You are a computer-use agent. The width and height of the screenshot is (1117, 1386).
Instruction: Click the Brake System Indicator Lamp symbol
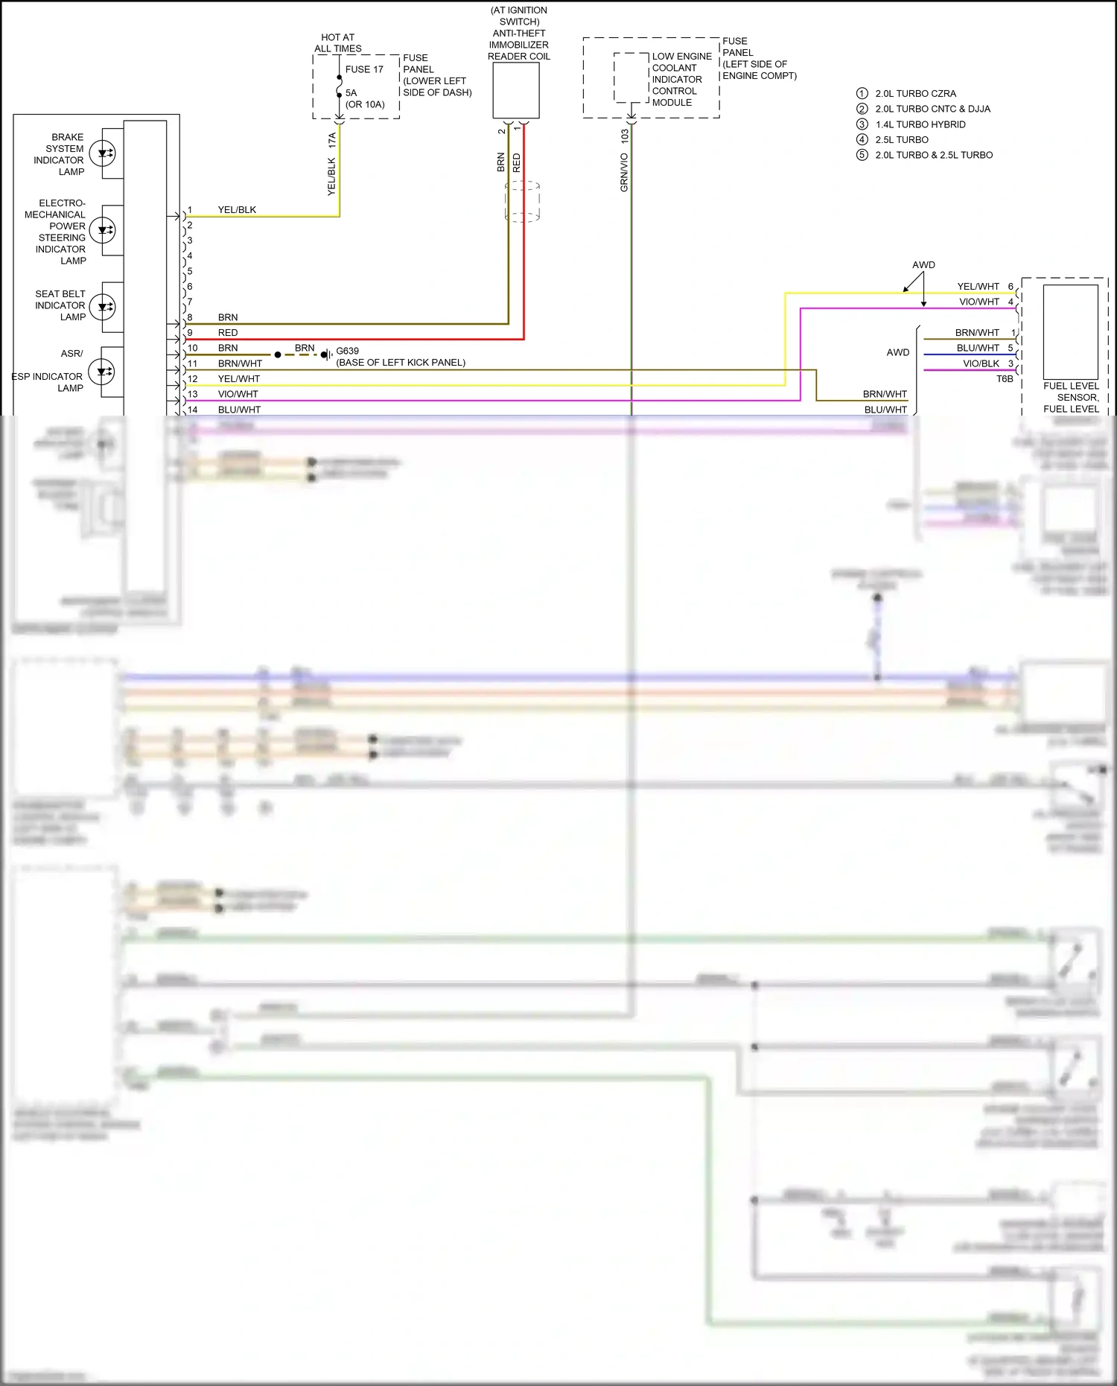(x=103, y=153)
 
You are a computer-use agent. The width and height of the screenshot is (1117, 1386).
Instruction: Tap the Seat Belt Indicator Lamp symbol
(x=103, y=306)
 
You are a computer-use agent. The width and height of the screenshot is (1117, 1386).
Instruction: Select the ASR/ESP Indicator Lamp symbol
(x=101, y=371)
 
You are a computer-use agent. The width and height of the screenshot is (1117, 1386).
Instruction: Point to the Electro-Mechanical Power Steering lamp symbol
(x=103, y=229)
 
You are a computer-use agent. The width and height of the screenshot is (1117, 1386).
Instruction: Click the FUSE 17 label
(x=364, y=69)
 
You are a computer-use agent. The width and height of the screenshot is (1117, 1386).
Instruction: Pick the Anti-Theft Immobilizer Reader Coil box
(x=516, y=90)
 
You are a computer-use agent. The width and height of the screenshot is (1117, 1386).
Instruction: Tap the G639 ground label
(x=347, y=351)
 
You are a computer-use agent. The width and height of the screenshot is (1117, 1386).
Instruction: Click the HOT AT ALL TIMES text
(x=338, y=43)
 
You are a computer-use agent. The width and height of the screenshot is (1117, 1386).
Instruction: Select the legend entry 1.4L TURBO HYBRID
(x=920, y=124)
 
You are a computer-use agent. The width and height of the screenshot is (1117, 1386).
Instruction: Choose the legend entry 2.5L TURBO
(x=902, y=139)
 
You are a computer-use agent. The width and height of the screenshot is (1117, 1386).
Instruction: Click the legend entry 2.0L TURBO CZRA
(x=915, y=94)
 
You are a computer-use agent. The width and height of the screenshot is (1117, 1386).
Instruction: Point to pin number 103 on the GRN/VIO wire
(x=625, y=136)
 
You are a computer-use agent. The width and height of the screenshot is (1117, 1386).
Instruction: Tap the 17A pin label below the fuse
(x=332, y=139)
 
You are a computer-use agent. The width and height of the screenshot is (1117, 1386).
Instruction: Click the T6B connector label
(x=1005, y=379)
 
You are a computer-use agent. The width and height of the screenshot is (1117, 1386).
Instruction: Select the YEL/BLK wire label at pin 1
(x=237, y=210)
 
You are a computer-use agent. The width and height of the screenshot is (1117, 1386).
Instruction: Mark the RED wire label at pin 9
(x=228, y=333)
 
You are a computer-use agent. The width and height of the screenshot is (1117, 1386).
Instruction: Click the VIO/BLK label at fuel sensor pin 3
(x=981, y=363)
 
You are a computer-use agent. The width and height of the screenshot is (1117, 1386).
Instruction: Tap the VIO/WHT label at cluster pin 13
(x=238, y=394)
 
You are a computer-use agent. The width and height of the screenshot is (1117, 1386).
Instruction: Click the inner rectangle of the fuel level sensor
(x=1070, y=331)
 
